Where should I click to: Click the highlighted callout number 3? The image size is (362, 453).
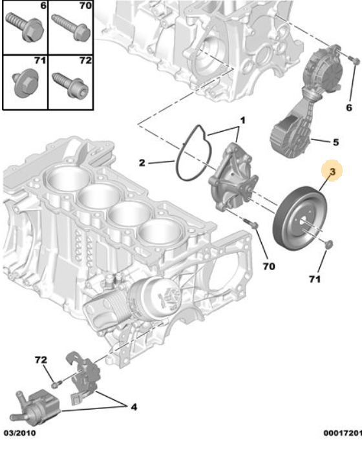tap(332, 172)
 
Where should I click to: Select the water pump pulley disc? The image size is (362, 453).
tap(300, 219)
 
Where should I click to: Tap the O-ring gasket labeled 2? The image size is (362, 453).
tap(193, 153)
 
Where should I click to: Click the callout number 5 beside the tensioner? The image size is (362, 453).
tap(335, 142)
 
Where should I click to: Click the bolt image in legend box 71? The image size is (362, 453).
tap(24, 83)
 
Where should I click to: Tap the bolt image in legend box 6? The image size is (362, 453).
tap(25, 27)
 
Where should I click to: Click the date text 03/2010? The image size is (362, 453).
tap(19, 433)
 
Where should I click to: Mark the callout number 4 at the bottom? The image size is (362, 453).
tap(133, 407)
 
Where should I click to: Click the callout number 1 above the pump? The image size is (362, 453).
tap(242, 120)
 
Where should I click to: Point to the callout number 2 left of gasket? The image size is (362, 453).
tap(142, 163)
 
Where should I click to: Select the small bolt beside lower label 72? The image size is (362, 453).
tap(56, 384)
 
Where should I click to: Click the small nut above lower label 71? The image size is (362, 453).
tap(329, 244)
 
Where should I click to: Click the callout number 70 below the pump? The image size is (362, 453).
tap(269, 266)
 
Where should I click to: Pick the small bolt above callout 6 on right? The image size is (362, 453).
tap(354, 60)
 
